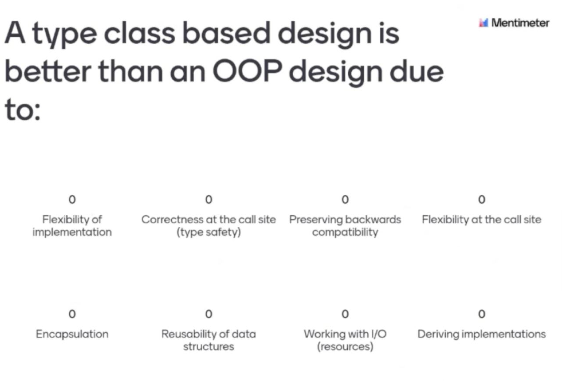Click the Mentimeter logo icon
483,23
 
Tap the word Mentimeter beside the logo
520,23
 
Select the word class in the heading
139,32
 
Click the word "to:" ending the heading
22,110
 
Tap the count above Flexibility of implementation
72,199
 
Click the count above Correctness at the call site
209,199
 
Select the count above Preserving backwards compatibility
345,199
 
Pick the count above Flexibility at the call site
482,199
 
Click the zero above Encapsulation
72,314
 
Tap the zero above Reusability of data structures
209,314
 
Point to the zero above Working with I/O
345,314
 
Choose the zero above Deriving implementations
482,314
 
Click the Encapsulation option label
72,335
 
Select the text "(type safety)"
209,232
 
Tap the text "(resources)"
345,347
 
